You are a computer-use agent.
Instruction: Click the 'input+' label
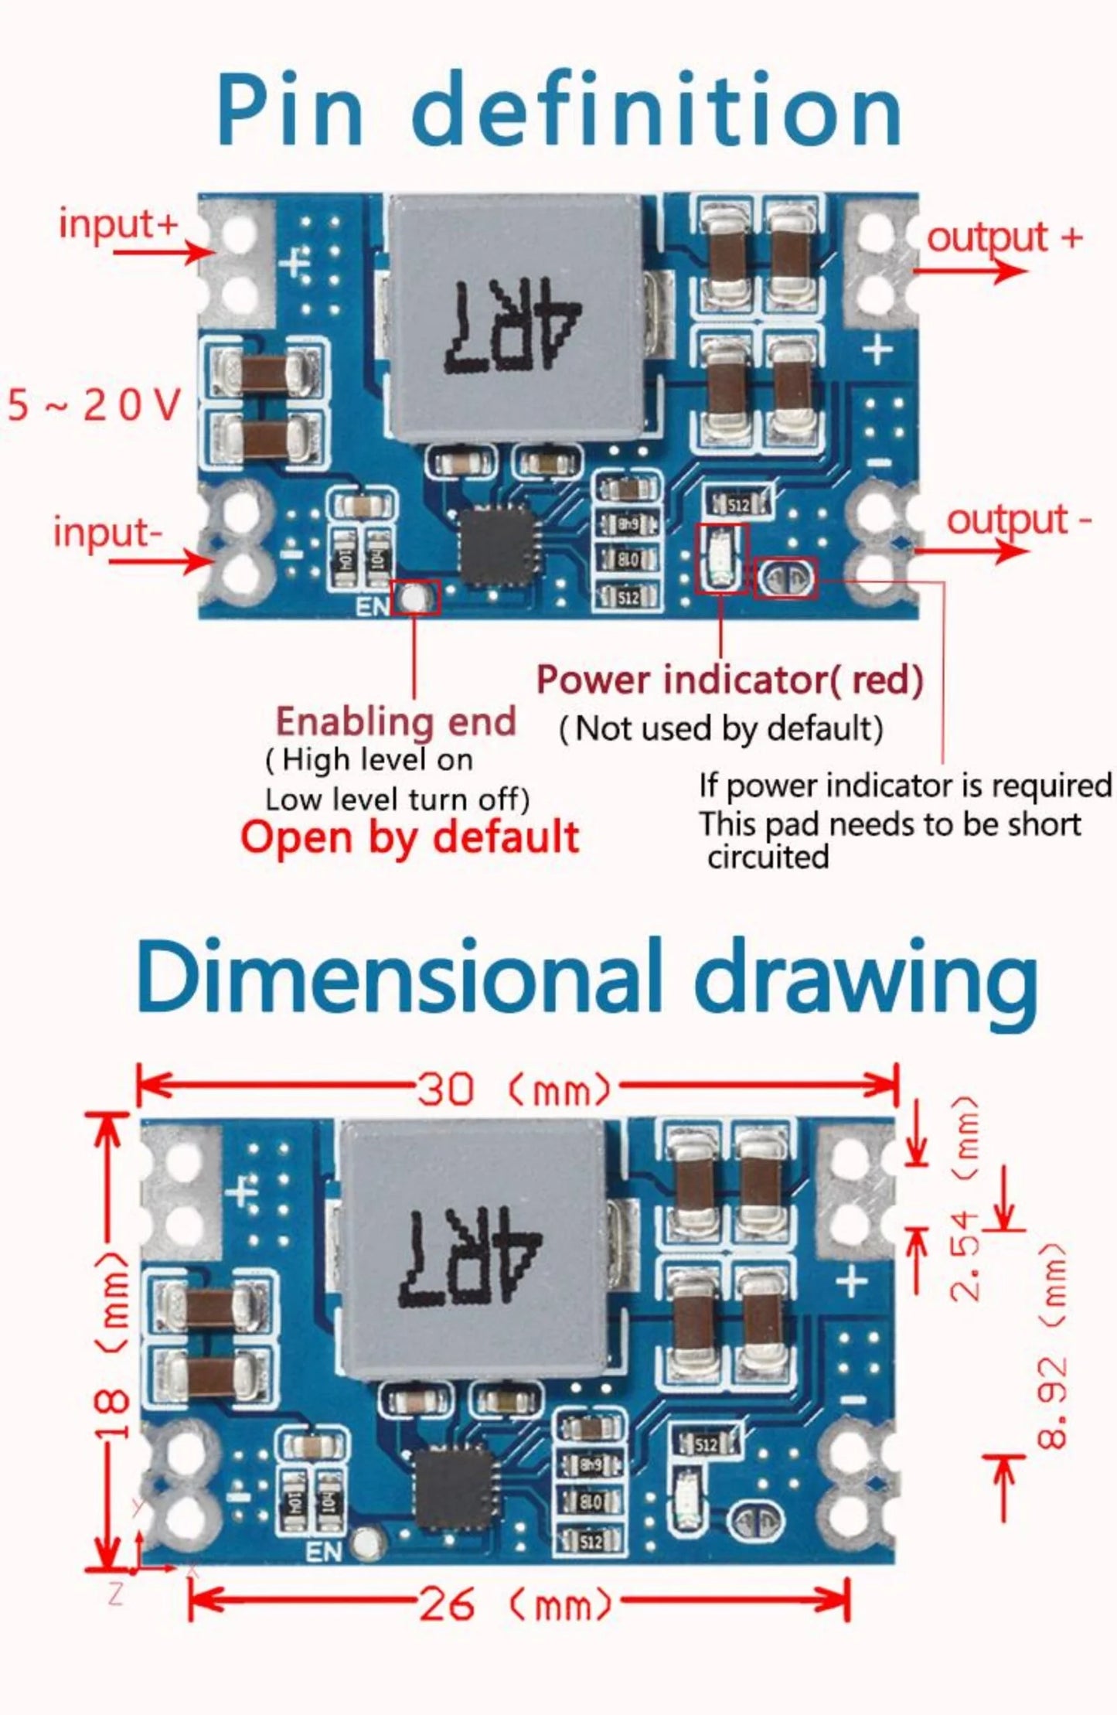pyautogui.click(x=118, y=224)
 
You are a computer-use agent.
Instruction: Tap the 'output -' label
pyautogui.click(x=1018, y=520)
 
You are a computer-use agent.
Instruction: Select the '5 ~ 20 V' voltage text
pyautogui.click(x=94, y=405)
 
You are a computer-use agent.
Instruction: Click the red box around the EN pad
pyautogui.click(x=416, y=597)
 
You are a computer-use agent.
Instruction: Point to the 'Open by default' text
pyautogui.click(x=409, y=837)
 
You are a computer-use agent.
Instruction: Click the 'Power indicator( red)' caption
pyautogui.click(x=729, y=680)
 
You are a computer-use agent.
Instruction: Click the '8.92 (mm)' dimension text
pyautogui.click(x=1053, y=1345)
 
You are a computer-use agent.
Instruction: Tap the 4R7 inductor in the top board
pyautogui.click(x=514, y=319)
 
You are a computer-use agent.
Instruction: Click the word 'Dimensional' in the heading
pyautogui.click(x=398, y=978)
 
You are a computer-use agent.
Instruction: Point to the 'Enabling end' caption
pyautogui.click(x=396, y=722)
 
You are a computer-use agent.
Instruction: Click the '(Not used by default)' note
pyautogui.click(x=720, y=728)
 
